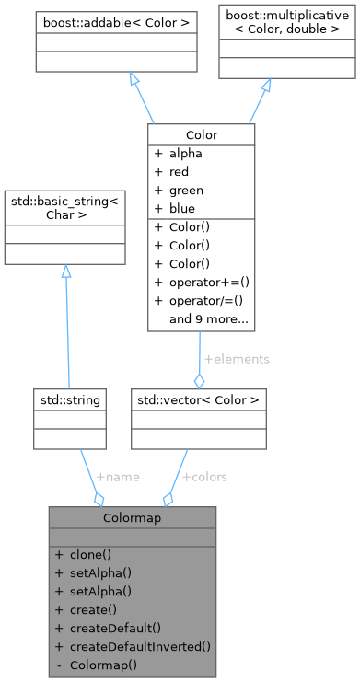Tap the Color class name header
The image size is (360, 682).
pos(202,134)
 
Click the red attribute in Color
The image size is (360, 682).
pos(181,173)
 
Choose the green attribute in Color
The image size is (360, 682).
pos(187,191)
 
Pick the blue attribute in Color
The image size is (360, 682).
pos(183,208)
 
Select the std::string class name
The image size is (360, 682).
pos(67,399)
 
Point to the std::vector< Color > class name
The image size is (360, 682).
pos(198,399)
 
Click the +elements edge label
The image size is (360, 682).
pos(236,359)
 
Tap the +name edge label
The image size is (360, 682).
pos(118,477)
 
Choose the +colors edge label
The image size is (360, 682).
pos(204,477)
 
